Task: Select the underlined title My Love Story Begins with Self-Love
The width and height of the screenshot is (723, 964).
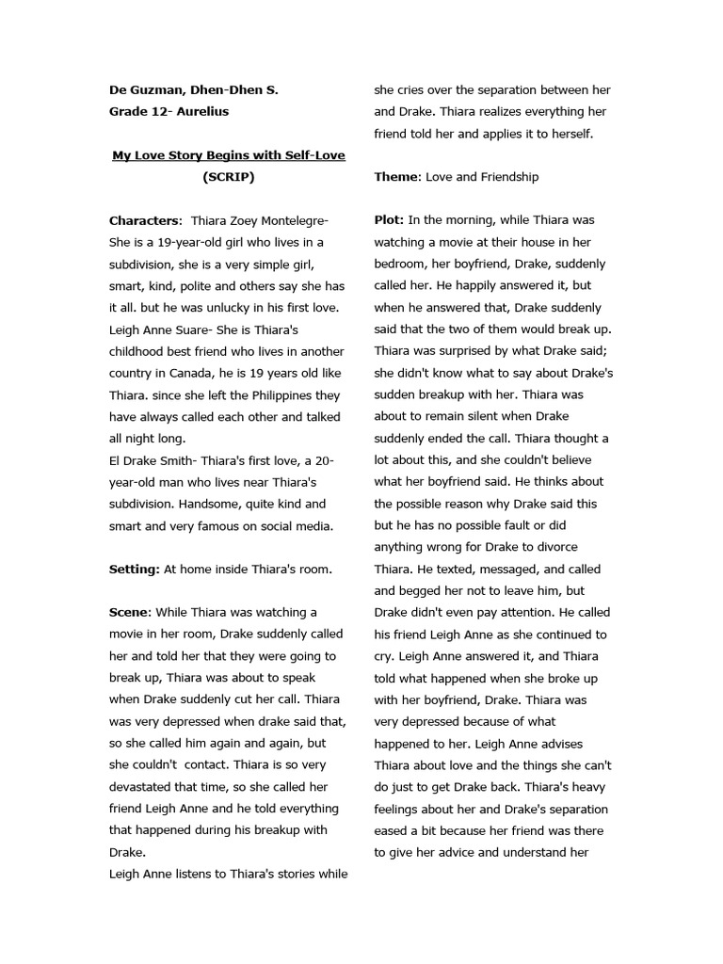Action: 228,155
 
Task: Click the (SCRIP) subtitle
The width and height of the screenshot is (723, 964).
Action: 228,177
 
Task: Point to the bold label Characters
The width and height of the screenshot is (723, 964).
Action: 144,221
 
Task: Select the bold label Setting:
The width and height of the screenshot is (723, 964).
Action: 134,569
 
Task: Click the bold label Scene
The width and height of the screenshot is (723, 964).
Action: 129,613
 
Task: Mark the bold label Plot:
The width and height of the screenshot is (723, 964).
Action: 390,220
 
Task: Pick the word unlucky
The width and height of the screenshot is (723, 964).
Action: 212,308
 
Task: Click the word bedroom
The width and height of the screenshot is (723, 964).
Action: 401,265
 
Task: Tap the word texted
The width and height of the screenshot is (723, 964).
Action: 430,570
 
